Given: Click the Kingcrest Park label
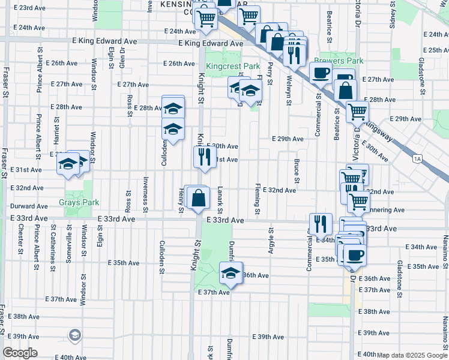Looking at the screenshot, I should (x=233, y=66).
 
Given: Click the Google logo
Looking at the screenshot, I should (x=20, y=353).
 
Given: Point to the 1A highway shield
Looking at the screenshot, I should (x=417, y=159).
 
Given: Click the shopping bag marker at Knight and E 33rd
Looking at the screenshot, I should (x=198, y=197).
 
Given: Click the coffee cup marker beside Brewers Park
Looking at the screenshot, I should (x=320, y=73).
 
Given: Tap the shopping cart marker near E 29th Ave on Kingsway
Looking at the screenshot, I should (x=357, y=111).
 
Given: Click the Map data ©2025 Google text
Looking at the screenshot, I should (x=412, y=355).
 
